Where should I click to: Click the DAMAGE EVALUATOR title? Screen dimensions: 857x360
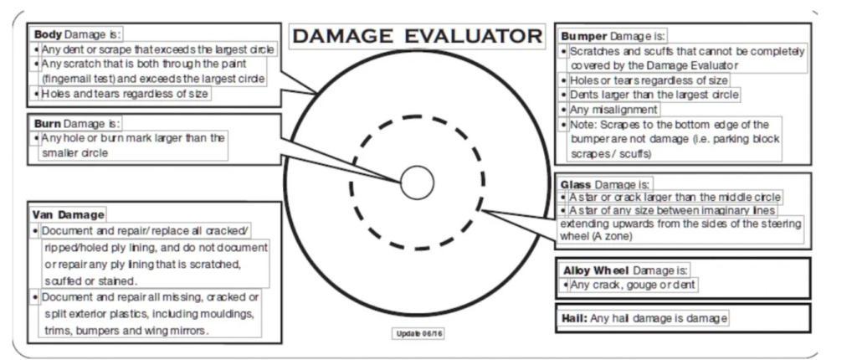tap(417, 36)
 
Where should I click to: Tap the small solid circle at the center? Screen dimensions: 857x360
tap(417, 183)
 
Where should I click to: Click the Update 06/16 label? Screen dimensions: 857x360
tap(418, 334)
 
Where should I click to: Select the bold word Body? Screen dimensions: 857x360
tap(48, 34)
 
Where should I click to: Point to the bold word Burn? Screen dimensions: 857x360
tap(48, 124)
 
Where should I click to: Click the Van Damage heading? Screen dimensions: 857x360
tap(68, 214)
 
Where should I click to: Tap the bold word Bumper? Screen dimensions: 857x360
tap(583, 37)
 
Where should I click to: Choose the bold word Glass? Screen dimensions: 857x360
tap(576, 185)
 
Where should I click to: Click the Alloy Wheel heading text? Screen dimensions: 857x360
tap(596, 270)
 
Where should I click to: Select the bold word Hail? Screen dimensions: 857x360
tap(574, 318)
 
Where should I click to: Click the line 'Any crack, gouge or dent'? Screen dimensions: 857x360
tap(633, 285)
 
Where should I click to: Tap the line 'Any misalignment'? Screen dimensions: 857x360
tap(613, 110)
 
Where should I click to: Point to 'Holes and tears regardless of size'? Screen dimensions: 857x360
tap(125, 94)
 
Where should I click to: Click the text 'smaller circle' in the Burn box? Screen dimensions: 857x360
tap(74, 153)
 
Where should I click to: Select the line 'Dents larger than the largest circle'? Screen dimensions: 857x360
tap(654, 95)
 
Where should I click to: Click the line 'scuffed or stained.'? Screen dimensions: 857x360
tap(90, 280)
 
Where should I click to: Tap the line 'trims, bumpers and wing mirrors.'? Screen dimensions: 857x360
tap(126, 331)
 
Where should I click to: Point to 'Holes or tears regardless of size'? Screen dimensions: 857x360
tap(649, 80)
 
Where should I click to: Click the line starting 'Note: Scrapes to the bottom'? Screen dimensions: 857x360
tap(670, 124)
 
